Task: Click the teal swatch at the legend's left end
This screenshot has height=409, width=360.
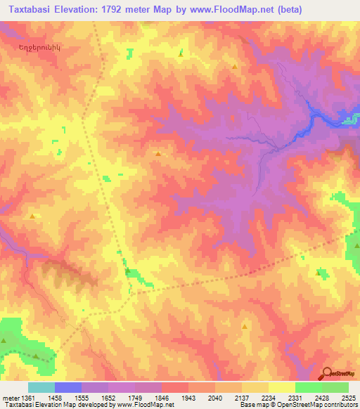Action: click(x=41, y=387)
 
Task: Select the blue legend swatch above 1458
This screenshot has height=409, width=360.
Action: click(x=67, y=387)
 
